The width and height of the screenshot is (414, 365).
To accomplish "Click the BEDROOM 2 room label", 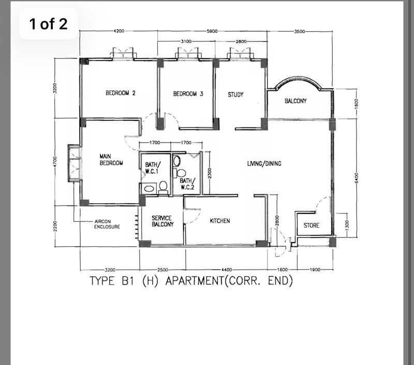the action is [121, 93].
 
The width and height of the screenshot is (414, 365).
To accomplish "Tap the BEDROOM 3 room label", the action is [188, 94].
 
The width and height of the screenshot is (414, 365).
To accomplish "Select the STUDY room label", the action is [235, 94].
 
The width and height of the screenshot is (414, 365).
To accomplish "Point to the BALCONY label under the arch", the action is [295, 101].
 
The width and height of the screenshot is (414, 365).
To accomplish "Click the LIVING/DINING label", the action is [264, 164].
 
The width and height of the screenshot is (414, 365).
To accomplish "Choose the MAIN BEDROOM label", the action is [111, 160].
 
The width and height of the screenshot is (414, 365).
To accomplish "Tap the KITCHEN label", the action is [219, 220].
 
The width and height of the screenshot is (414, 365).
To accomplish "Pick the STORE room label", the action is [312, 226].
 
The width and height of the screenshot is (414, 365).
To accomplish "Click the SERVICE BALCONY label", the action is [162, 221].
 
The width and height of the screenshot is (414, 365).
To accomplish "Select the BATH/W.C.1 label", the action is [152, 168].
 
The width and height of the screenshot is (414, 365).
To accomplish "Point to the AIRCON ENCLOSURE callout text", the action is [107, 224].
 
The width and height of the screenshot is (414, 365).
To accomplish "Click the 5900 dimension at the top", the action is [212, 31].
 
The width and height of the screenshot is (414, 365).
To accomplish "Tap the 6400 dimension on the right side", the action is [356, 178].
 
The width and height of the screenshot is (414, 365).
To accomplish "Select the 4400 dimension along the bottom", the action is [227, 270].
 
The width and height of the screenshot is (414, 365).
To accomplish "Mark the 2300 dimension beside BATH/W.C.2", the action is [210, 173].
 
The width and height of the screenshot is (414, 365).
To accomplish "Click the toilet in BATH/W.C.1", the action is [163, 187].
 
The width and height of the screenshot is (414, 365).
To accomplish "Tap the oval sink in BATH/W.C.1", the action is [150, 189].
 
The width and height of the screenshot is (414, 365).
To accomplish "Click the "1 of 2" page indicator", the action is [48, 24].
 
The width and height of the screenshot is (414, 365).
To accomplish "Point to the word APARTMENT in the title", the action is [195, 280].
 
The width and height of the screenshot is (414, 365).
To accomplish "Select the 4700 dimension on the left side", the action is [55, 162].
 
